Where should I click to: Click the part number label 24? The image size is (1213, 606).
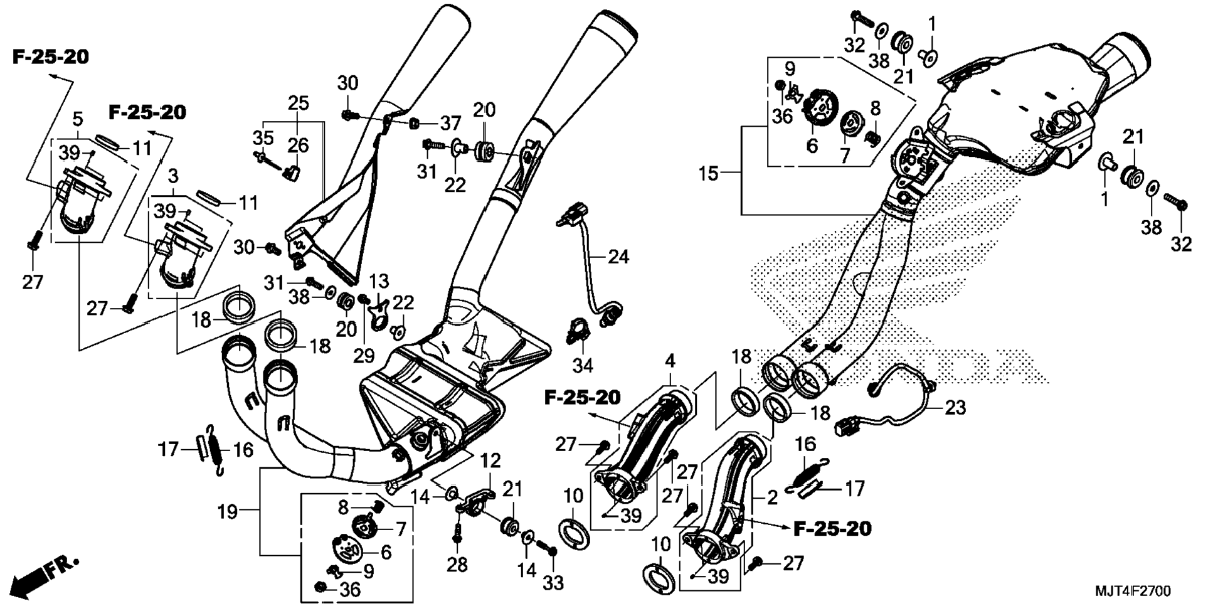[x=618, y=257]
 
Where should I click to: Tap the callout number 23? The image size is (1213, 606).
[x=955, y=408]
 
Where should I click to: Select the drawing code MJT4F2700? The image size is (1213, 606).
[x=1133, y=592]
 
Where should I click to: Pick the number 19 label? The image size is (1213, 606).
[x=228, y=512]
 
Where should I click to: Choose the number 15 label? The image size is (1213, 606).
[x=709, y=173]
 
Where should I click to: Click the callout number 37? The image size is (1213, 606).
[x=450, y=124]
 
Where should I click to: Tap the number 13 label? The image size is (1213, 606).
[x=379, y=281]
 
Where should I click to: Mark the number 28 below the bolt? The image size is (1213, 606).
[x=457, y=565]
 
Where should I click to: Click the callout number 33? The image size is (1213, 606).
[x=553, y=583]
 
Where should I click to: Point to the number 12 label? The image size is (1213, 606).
[x=490, y=460]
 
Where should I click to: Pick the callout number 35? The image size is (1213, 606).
[x=263, y=137]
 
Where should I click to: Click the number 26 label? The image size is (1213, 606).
[x=298, y=146]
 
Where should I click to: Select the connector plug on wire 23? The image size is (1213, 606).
[x=842, y=429]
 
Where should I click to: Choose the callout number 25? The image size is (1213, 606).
[x=299, y=102]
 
